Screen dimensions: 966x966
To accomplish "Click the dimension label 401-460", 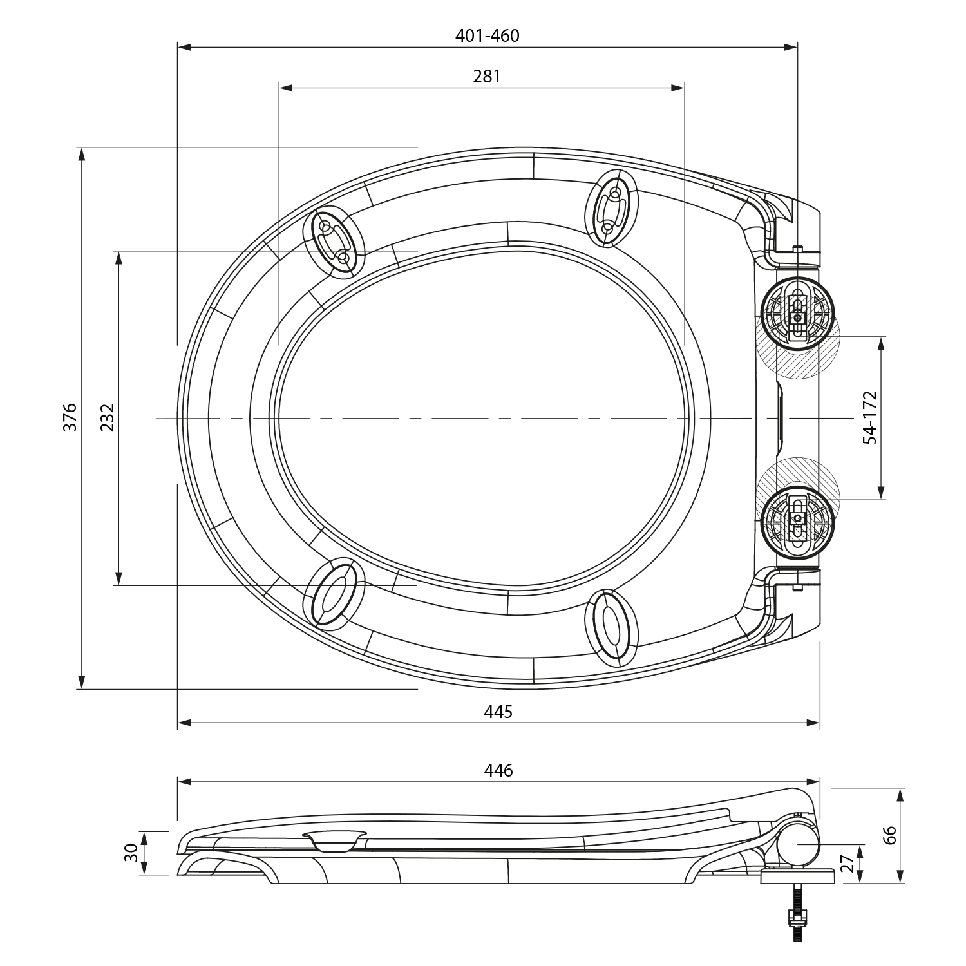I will pos(487,36).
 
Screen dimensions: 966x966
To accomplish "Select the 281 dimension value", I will pos(487,77).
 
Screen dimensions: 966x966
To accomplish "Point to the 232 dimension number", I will pos(107,417).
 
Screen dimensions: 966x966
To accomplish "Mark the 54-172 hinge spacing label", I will pos(870,417).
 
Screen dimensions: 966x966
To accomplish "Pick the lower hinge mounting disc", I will pos(798,519).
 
